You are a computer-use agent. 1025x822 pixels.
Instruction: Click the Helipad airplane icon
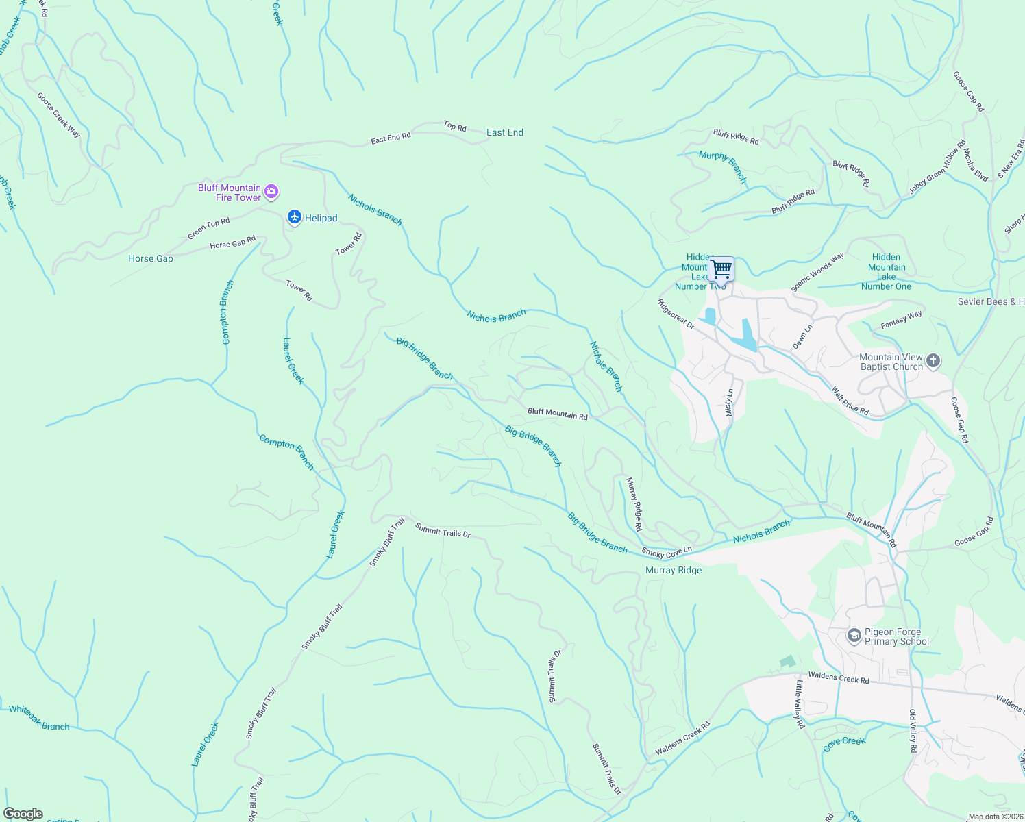[x=295, y=217]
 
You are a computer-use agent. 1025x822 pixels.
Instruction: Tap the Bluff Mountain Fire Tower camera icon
[x=271, y=192]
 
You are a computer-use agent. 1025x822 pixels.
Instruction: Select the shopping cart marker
[x=721, y=269]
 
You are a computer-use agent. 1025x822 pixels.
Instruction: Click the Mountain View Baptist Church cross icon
[x=933, y=360]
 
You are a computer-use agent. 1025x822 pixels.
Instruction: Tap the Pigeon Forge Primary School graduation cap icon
[x=854, y=636]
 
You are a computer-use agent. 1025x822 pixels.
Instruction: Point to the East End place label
[x=505, y=132]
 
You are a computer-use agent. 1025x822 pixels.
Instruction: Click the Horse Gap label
[x=151, y=258]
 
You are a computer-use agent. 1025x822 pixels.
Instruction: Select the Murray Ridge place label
[x=674, y=570]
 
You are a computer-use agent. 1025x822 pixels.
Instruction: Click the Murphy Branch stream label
[x=723, y=166]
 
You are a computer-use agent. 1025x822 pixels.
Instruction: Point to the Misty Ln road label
[x=729, y=402]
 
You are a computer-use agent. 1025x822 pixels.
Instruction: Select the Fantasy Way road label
[x=901, y=319]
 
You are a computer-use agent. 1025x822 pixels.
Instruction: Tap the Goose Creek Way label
[x=58, y=115]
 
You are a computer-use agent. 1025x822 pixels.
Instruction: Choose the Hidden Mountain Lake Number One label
[x=886, y=272]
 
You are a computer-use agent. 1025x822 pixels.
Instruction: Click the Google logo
[x=23, y=814]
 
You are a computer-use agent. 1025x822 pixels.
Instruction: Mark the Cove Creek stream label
[x=844, y=744]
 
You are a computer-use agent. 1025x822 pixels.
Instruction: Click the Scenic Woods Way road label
[x=817, y=273]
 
